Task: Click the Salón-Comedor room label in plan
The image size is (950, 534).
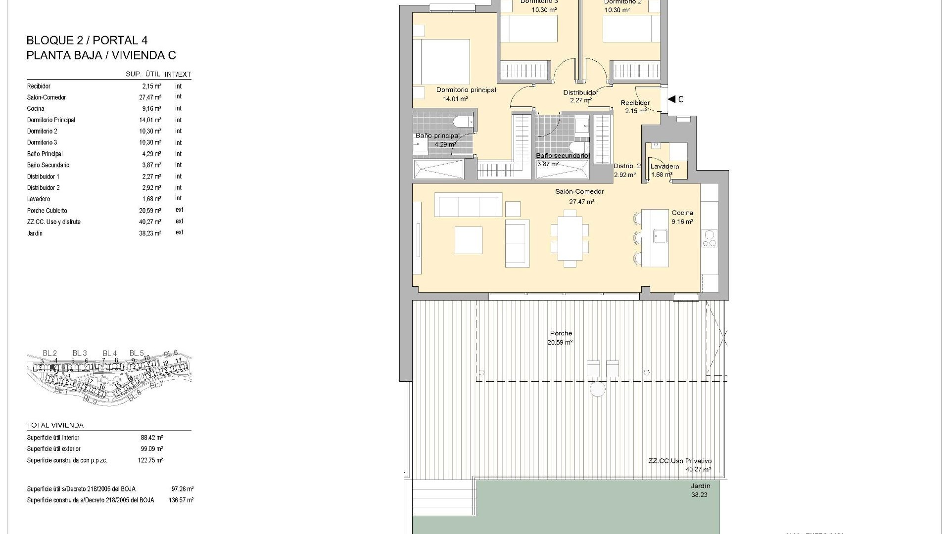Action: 579,192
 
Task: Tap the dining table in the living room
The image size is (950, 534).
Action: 570,238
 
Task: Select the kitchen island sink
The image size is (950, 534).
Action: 660,236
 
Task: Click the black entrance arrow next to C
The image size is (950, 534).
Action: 671,99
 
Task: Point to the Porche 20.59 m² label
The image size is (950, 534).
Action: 561,338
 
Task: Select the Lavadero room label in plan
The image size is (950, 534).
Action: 665,167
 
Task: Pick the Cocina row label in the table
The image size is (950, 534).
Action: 36,109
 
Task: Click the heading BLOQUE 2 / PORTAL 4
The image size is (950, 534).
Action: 87,41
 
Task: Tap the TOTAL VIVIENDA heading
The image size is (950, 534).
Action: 55,425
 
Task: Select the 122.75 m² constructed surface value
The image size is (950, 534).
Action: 150,460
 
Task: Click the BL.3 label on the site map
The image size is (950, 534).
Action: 80,353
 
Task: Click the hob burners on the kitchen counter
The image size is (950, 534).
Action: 709,238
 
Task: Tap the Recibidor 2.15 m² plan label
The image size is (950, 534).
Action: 635,107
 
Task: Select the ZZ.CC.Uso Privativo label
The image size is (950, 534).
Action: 680,461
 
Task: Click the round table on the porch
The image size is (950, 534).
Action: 598,390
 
